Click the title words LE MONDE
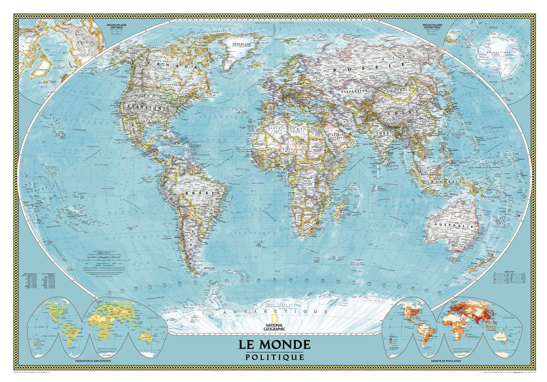pos(274,344)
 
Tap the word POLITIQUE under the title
pos(274,357)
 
